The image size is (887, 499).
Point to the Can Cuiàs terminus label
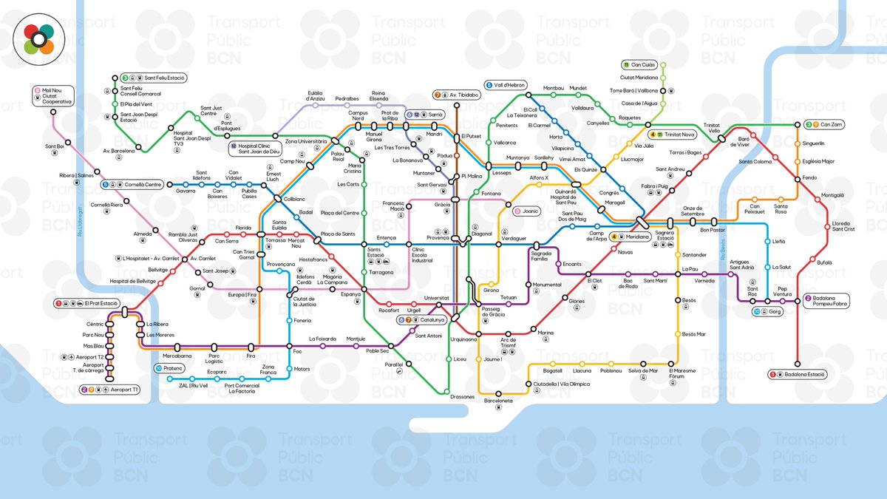click(x=639, y=64)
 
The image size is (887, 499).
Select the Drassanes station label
click(x=462, y=397)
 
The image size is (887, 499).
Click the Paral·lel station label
click(x=393, y=364)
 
